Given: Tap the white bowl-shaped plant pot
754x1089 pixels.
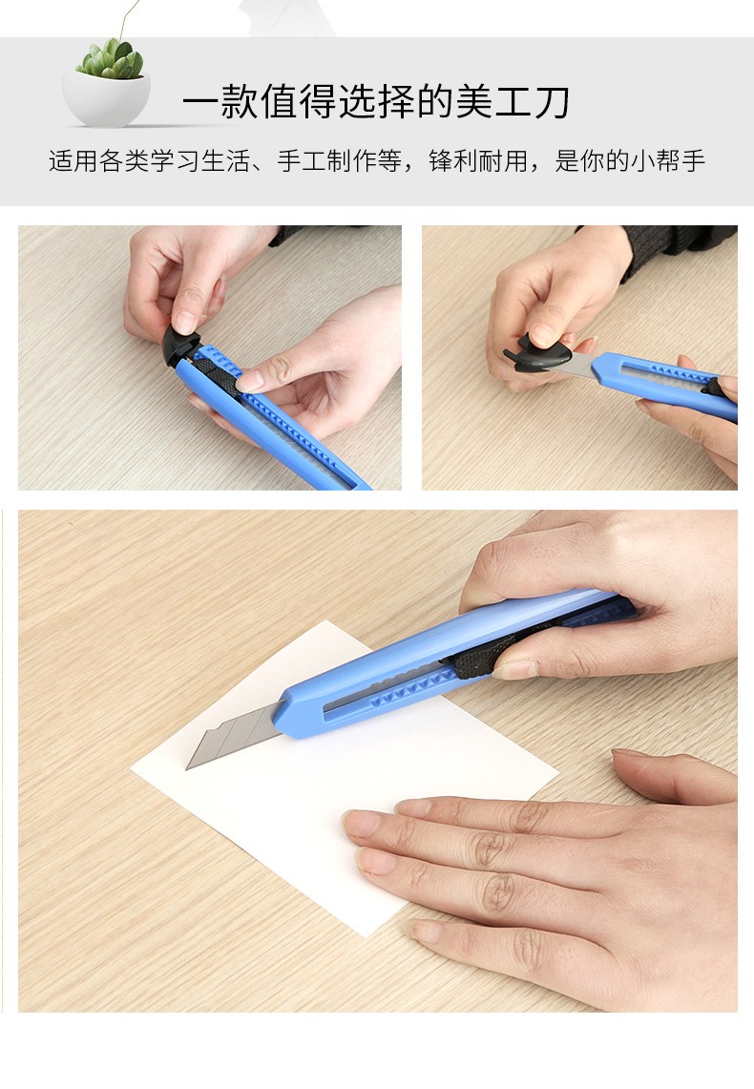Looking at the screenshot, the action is point(106,99).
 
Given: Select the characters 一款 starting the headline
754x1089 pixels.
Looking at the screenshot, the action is point(220,102).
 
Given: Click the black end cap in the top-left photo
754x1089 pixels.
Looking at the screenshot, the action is point(179,346).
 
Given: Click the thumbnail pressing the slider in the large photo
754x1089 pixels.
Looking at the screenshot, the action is point(514,669).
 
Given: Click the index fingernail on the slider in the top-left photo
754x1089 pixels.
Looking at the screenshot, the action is point(248,381).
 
